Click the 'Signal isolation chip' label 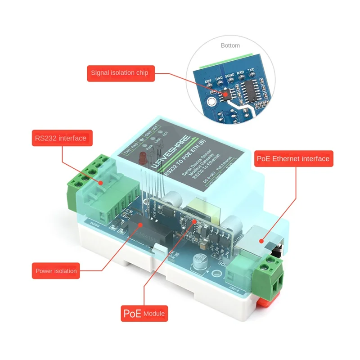click(x=121, y=72)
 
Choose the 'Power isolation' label click(x=56, y=271)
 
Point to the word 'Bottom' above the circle click(x=230, y=45)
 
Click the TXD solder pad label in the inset click(x=252, y=71)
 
